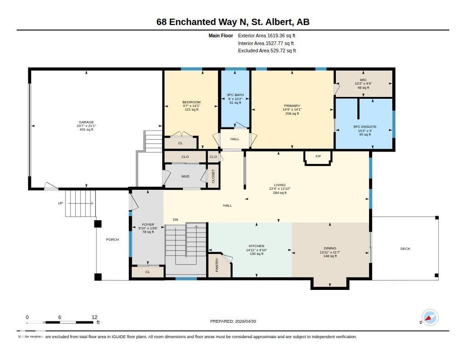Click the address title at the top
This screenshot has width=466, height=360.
pos(233,22)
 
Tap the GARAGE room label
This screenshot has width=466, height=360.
pos(86,122)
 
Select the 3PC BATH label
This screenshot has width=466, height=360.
pos(235,95)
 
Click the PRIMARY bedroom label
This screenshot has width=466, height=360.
pos(292,106)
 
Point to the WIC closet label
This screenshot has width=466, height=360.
pos(363,80)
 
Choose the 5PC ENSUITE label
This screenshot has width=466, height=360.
pos(365,127)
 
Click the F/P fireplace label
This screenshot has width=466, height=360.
pos(318,157)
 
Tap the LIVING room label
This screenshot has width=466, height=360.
pos(279,185)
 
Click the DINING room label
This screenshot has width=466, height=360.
pos(330,248)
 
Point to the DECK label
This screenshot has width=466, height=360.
pos(405,248)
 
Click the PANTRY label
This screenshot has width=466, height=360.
pos(217,265)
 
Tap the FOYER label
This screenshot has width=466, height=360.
pos(148,225)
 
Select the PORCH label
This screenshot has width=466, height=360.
pos(112,239)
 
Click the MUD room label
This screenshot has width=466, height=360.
pos(186,176)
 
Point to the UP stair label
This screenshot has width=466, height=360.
pos(60,203)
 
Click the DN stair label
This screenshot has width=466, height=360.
pos(176,220)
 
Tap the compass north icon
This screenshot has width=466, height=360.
pos(430,317)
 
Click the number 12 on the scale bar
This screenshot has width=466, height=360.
pos(94,317)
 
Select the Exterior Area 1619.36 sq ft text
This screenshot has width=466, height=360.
pos(267,35)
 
